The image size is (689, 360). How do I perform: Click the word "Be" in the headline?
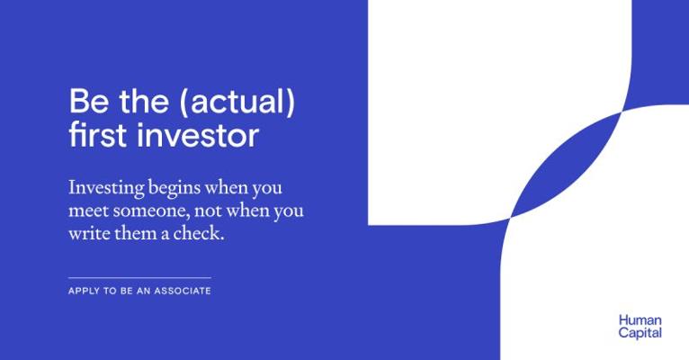pyautogui.click(x=89, y=101)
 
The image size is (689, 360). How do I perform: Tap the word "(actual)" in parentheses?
pyautogui.click(x=237, y=102)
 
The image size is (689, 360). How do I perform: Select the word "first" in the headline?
pyautogui.click(x=98, y=134)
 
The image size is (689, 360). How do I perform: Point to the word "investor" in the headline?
pyautogui.click(x=198, y=135)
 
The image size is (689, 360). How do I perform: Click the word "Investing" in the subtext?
pyautogui.click(x=106, y=189)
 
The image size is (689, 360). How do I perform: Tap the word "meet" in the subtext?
pyautogui.click(x=88, y=211)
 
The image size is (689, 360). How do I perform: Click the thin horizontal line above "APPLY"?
pyautogui.click(x=139, y=278)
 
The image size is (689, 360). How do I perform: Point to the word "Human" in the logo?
pyautogui.click(x=640, y=320)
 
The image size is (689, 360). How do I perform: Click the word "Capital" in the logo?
pyautogui.click(x=640, y=333)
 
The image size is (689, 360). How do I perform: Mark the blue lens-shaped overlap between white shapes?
pyautogui.click(x=565, y=165)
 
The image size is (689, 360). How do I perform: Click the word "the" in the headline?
pyautogui.click(x=144, y=101)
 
